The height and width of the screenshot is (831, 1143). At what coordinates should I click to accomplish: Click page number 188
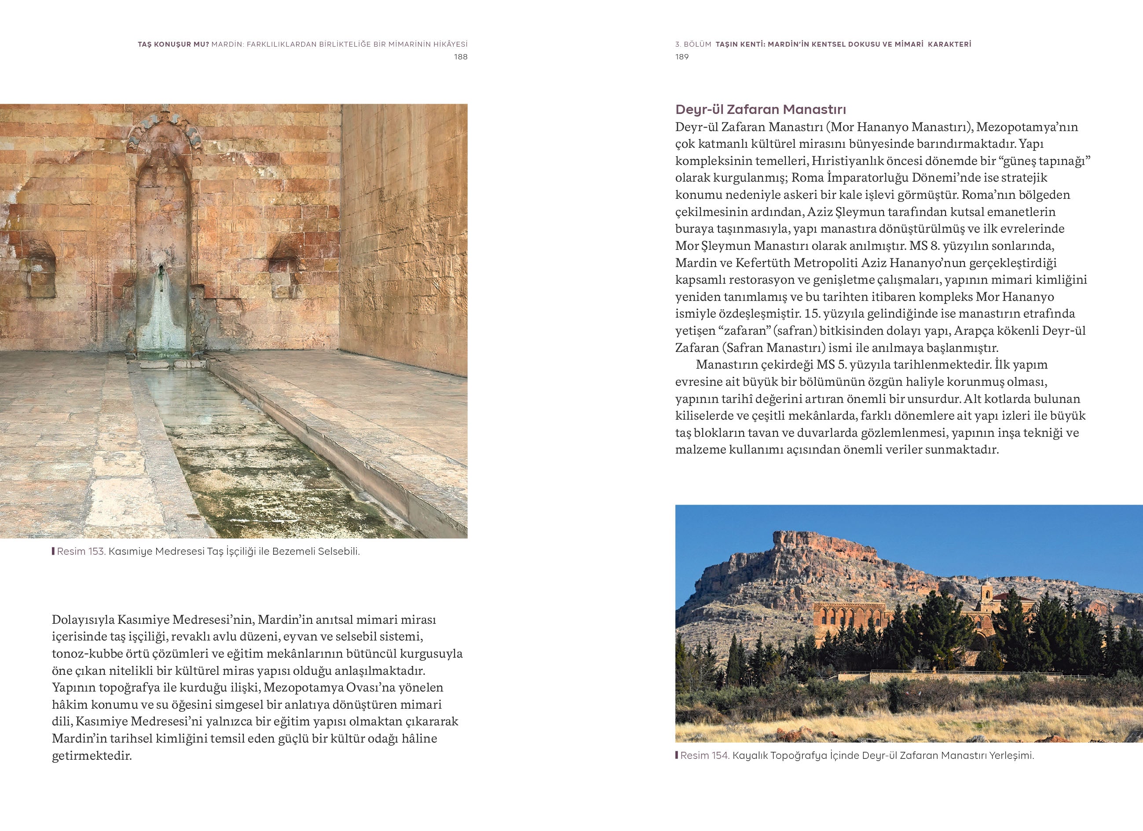pos(460,57)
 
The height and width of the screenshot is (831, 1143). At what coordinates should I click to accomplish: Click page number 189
pos(682,57)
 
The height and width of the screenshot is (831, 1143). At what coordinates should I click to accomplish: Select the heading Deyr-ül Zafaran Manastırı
pos(761,110)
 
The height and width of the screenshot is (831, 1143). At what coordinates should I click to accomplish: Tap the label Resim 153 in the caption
pos(81,551)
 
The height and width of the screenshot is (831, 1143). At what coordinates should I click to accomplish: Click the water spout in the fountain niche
pos(161,272)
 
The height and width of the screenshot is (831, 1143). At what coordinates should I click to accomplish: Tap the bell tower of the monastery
pos(985,595)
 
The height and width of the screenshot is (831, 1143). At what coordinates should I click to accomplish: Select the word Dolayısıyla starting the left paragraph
pos(84,619)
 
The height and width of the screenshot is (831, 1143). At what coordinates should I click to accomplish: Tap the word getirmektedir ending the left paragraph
pos(91,756)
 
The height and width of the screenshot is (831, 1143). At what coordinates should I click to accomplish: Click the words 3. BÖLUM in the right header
pos(693,44)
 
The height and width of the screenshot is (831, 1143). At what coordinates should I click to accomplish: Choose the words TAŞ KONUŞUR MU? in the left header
pos(173,44)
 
